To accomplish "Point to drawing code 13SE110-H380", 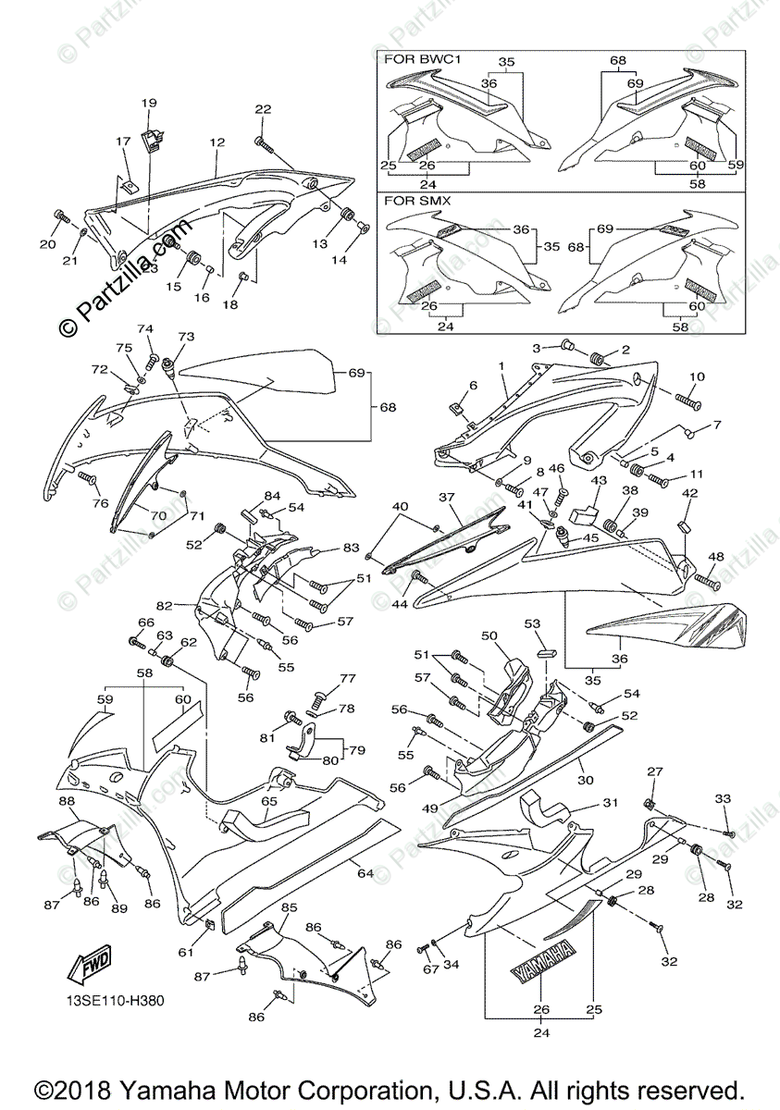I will (x=117, y=1000).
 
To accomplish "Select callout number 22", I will (x=263, y=109).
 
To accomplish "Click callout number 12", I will (x=217, y=143).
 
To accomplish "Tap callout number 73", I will (x=187, y=337).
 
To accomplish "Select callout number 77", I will (x=347, y=678).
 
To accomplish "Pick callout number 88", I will (x=67, y=801).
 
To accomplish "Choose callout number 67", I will (x=427, y=968).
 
